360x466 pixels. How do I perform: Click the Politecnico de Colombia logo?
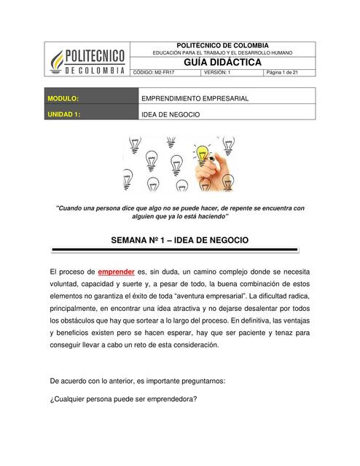pyautogui.click(x=87, y=58)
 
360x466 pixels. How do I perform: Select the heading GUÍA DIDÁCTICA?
pyautogui.click(x=223, y=63)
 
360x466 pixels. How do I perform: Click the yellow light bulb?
pyautogui.click(x=202, y=153)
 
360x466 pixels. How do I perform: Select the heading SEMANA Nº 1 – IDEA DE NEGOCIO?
pyautogui.click(x=179, y=239)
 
